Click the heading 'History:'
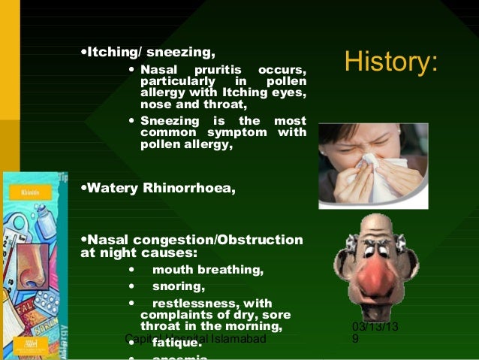pyautogui.click(x=390, y=63)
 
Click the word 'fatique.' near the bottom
pyautogui.click(x=177, y=343)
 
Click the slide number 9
pyautogui.click(x=355, y=340)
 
